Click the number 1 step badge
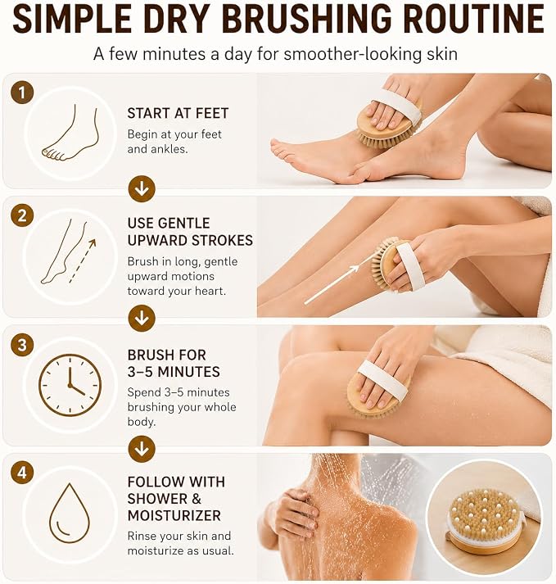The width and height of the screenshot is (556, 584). (x=22, y=93)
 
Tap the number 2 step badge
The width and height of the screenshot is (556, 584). (x=22, y=215)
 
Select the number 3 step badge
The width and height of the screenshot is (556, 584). (x=22, y=345)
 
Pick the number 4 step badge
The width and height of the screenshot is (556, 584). (x=22, y=473)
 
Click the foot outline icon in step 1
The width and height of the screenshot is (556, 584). (x=70, y=133)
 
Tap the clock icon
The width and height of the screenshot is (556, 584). (x=70, y=385)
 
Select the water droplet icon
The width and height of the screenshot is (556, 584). (x=70, y=513)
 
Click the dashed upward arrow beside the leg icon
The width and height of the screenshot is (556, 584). (x=83, y=260)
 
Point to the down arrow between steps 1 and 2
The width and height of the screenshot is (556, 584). (x=142, y=189)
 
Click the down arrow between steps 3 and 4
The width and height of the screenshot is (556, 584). (x=142, y=449)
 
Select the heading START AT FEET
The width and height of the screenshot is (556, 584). (x=178, y=113)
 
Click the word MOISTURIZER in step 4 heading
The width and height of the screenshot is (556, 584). (x=174, y=515)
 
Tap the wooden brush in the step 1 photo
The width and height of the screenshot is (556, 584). (x=388, y=123)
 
